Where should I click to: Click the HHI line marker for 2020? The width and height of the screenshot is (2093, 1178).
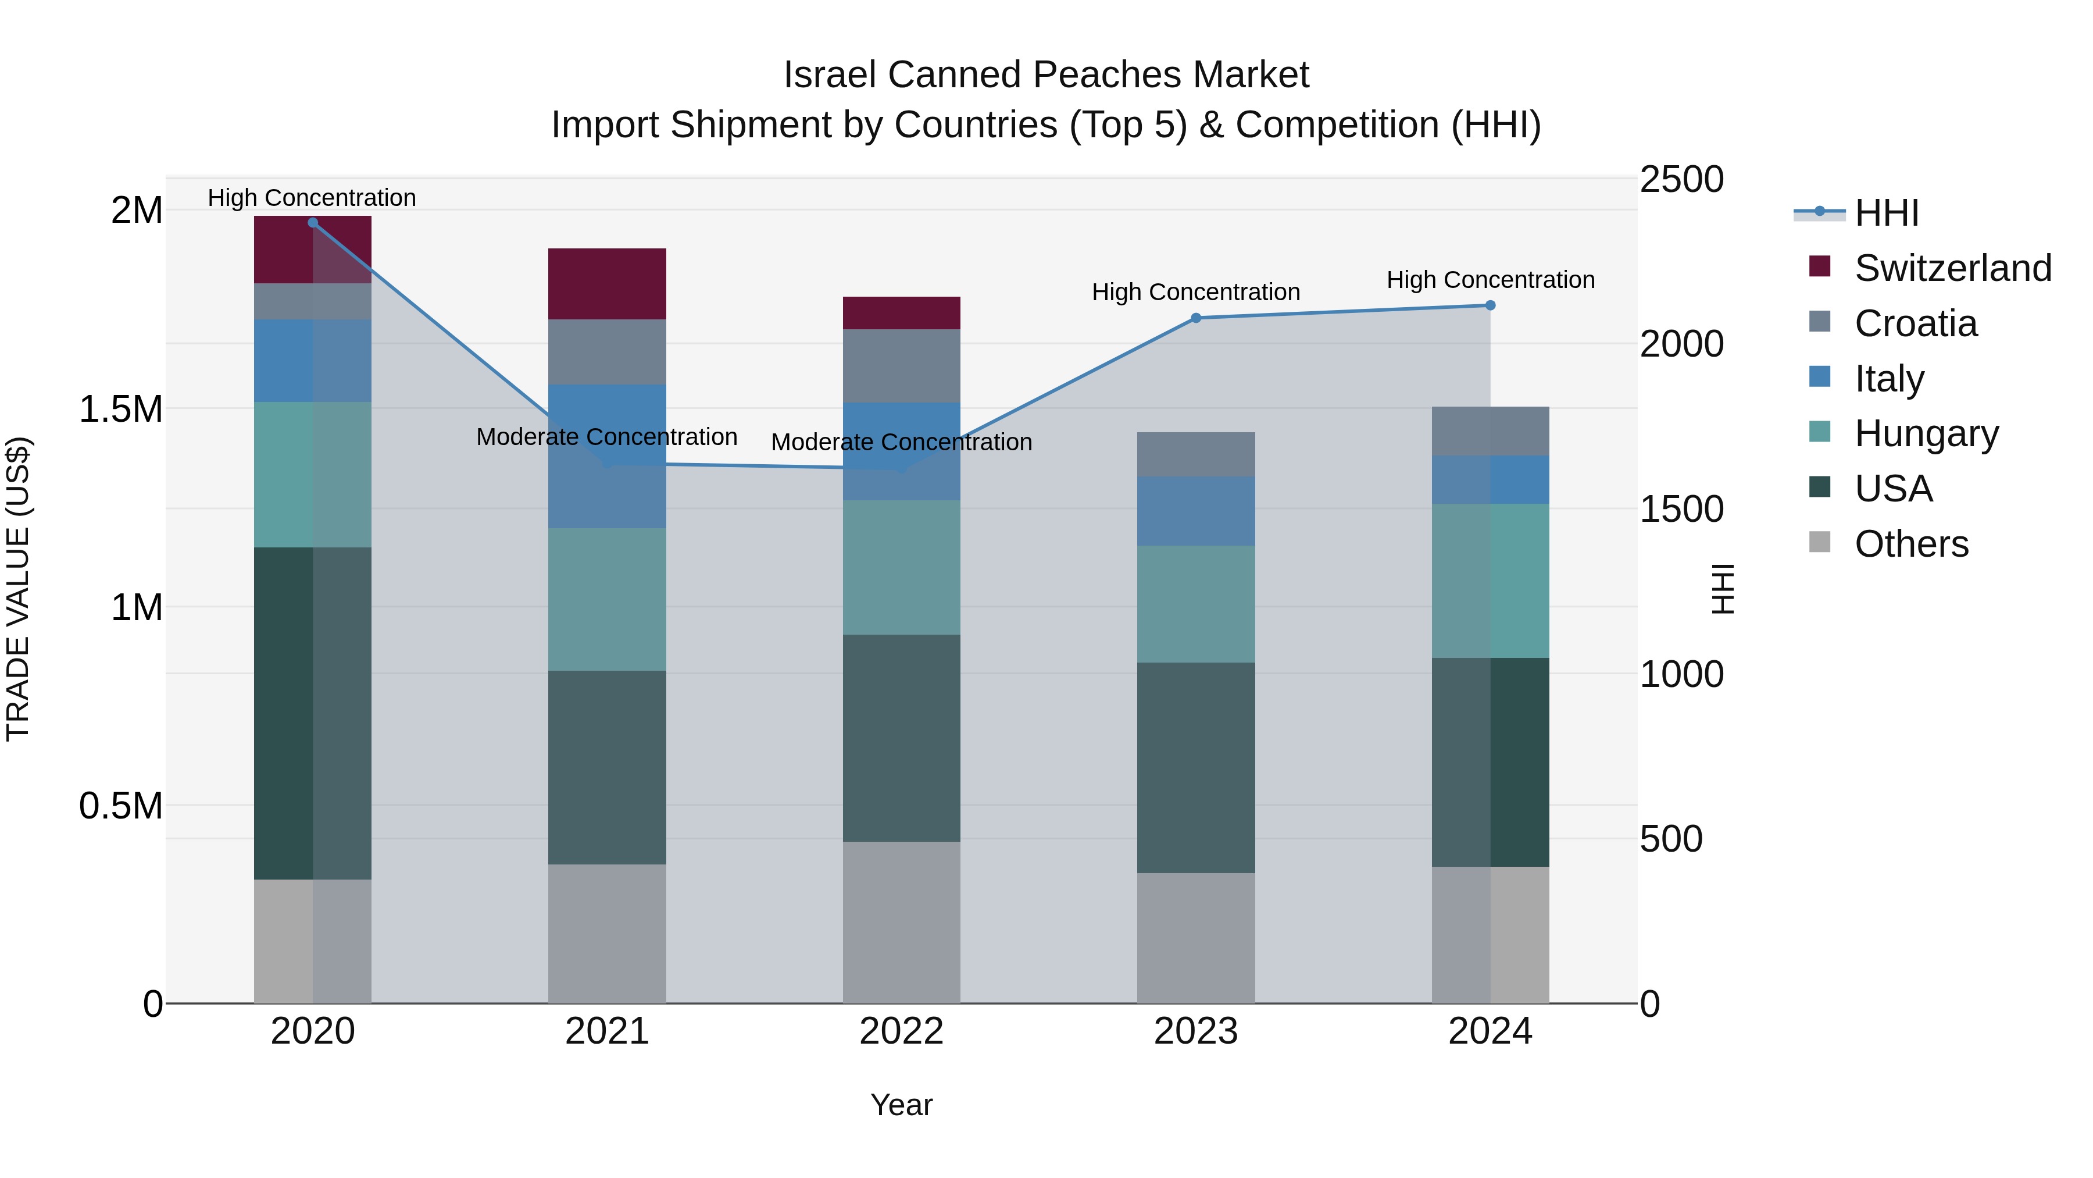313,223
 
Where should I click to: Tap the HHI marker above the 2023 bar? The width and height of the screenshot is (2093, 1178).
1195,318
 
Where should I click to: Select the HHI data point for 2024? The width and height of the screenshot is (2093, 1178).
1490,305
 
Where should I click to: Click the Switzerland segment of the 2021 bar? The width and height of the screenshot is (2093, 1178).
607,284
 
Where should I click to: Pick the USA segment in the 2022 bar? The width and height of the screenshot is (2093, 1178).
901,738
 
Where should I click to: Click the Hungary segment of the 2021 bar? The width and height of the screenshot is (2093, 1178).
607,599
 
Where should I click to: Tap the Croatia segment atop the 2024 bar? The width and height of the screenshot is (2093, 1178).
1490,431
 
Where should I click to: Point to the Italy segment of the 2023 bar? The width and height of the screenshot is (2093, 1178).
1195,511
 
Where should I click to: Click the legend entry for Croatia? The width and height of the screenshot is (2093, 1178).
1915,323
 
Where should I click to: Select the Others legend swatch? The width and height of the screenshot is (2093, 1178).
1820,542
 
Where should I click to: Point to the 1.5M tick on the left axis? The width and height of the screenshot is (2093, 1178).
121,409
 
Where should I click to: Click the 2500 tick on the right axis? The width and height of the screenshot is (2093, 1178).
1681,180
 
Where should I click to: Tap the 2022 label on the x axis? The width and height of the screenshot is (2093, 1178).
901,1031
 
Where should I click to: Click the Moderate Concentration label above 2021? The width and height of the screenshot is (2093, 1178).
606,436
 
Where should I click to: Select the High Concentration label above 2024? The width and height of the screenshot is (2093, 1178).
1490,280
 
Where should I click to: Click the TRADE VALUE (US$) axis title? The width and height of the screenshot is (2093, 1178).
18,589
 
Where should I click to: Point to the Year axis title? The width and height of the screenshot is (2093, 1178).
901,1105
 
